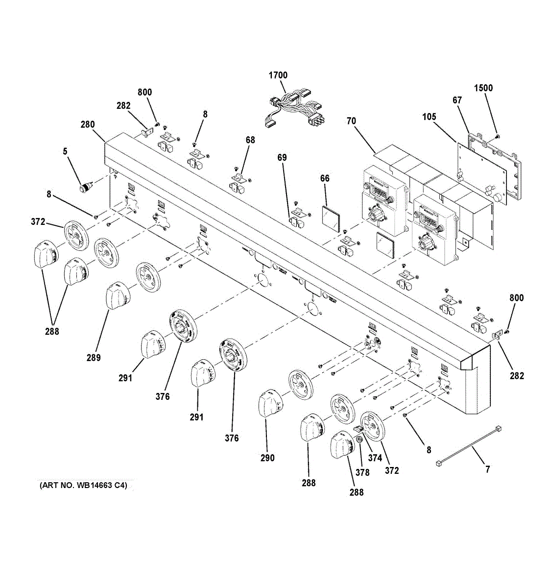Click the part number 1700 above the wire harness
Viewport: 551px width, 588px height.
278,75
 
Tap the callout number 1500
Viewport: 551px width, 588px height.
483,88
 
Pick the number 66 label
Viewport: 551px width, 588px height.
325,178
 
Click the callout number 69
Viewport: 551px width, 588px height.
282,157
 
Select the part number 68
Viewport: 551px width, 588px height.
250,140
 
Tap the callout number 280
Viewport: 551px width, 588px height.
88,124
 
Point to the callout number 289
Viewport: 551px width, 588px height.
94,358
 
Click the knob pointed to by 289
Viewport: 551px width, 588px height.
118,295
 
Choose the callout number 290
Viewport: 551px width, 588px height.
267,458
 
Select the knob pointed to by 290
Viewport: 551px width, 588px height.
269,403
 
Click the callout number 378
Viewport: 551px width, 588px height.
362,472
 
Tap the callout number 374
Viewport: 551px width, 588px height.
375,458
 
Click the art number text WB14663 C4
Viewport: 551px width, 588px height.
83,486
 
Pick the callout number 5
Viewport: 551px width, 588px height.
65,152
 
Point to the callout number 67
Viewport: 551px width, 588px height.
457,100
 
